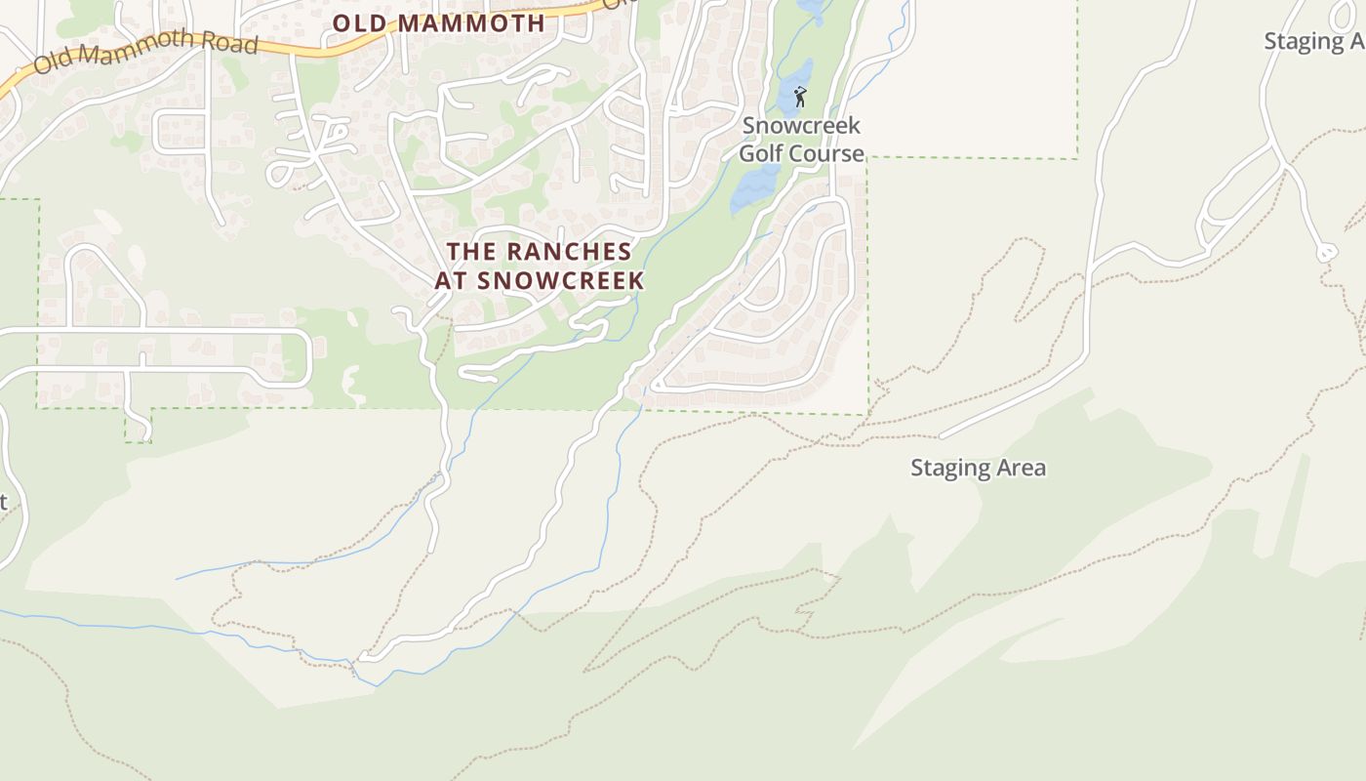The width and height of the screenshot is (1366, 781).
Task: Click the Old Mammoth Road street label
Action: pos(146,53)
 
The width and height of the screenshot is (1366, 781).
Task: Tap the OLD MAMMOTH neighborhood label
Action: pos(438,23)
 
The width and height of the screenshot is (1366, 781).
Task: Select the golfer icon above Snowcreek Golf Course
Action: pos(800,97)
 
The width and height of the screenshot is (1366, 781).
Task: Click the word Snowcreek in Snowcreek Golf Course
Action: pos(801,126)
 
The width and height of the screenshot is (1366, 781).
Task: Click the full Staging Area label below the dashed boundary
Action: pos(978,468)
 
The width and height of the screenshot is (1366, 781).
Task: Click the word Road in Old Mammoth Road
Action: pos(231,44)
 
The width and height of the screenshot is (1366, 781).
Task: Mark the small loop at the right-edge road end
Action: pos(1326,253)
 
